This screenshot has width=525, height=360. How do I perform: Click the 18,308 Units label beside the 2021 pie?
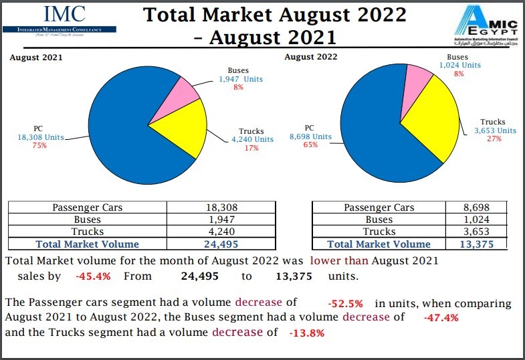(x=40, y=137)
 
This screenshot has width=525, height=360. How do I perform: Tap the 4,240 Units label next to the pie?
(x=252, y=139)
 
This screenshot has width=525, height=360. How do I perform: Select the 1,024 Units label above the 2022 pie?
(x=459, y=66)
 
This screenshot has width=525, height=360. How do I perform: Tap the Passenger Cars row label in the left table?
(x=88, y=208)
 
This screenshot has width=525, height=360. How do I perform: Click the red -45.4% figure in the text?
(x=93, y=276)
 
